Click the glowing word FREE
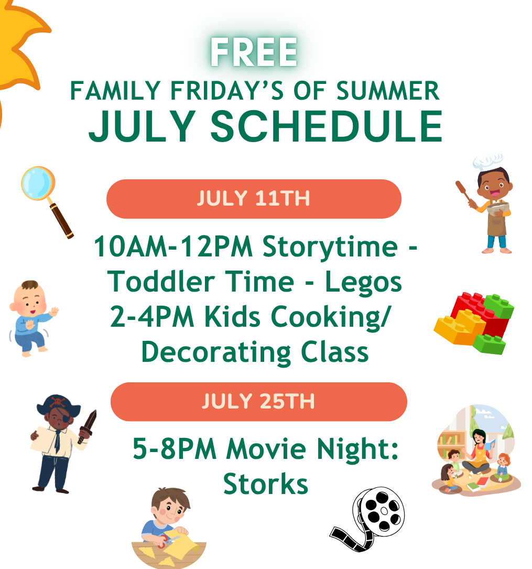[x=254, y=52]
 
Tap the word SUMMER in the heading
[x=388, y=91]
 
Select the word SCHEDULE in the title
[x=327, y=126]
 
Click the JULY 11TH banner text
[x=254, y=199]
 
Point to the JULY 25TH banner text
[x=258, y=401]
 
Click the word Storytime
[x=330, y=248]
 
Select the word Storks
[x=266, y=484]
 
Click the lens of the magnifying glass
[x=37, y=183]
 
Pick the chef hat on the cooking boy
[x=488, y=162]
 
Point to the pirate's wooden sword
[x=88, y=427]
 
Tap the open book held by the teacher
[x=490, y=445]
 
